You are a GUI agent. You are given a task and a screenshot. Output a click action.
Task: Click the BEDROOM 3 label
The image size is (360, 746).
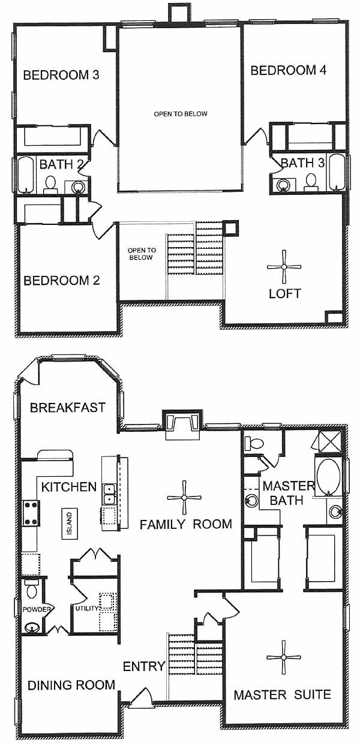click(x=61, y=75)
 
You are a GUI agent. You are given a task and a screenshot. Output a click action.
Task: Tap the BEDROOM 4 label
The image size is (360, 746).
click(x=289, y=70)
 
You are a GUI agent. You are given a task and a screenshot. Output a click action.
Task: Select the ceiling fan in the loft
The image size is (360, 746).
click(x=284, y=267)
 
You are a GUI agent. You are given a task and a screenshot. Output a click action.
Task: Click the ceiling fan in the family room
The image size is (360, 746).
click(x=184, y=498)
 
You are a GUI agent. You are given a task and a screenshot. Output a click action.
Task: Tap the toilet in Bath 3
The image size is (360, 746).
click(x=311, y=182)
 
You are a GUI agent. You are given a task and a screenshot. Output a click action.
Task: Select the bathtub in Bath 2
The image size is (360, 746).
click(x=25, y=175)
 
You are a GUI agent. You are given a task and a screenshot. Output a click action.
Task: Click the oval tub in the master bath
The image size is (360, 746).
click(x=329, y=477)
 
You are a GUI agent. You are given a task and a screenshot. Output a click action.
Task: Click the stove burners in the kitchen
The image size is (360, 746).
click(x=31, y=513)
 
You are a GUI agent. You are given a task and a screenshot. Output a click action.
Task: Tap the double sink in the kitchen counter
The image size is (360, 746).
click(x=109, y=494)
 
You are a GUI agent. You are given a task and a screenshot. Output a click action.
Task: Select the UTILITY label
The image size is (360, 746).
click(x=86, y=609)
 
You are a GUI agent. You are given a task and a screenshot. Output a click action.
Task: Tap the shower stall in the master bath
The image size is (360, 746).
click(x=331, y=442)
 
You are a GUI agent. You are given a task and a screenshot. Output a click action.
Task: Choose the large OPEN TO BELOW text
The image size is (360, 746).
click(x=181, y=114)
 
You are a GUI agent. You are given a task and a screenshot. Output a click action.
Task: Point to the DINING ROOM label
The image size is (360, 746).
click(x=71, y=685)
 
